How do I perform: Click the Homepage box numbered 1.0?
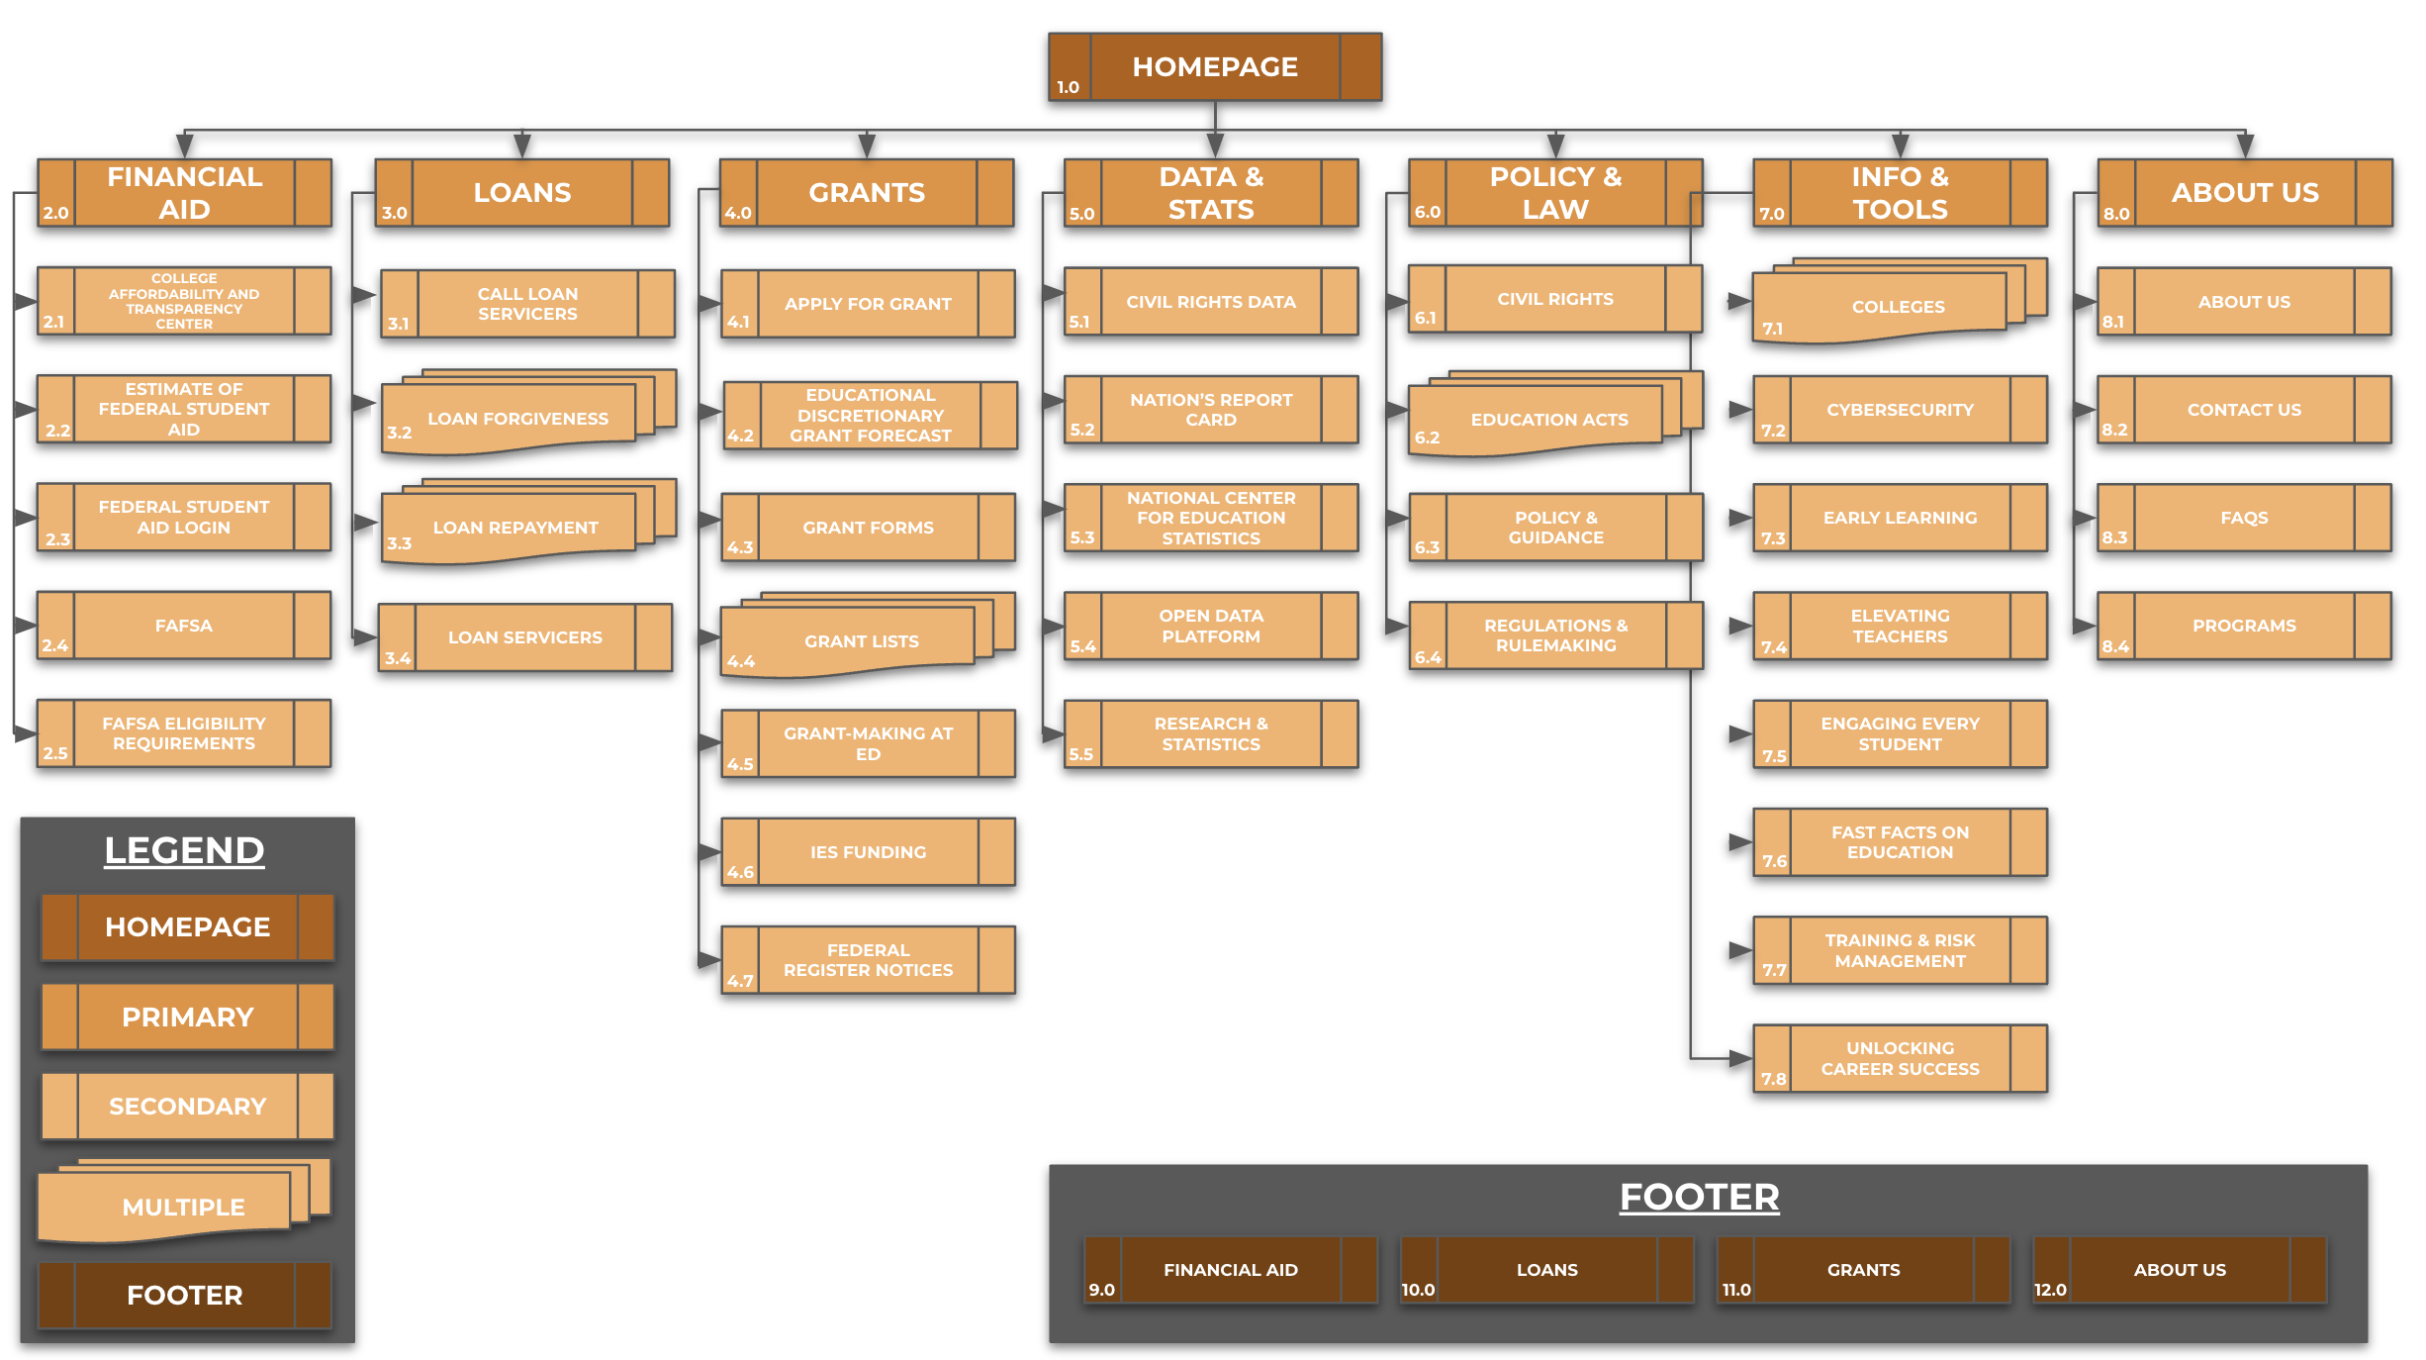pos(1215,66)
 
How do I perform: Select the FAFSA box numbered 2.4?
pos(184,626)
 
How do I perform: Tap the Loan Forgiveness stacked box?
pos(517,419)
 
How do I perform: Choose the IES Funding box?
pos(868,852)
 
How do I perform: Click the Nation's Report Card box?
pos(1211,410)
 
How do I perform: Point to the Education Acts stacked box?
pos(1548,420)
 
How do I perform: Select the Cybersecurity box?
pos(1900,410)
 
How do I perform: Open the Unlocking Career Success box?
pos(1900,1058)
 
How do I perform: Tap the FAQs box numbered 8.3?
pos(2243,518)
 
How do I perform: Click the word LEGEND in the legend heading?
pos(184,850)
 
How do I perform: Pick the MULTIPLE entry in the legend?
pos(184,1207)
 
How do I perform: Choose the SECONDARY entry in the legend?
pos(187,1106)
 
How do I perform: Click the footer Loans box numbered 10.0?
pos(1546,1270)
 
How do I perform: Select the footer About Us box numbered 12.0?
pos(2179,1270)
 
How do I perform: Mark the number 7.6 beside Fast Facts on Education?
pos(1774,861)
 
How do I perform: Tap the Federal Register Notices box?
pos(868,960)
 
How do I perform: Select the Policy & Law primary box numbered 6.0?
pos(1555,193)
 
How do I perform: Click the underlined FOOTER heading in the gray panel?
pos(1699,1197)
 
